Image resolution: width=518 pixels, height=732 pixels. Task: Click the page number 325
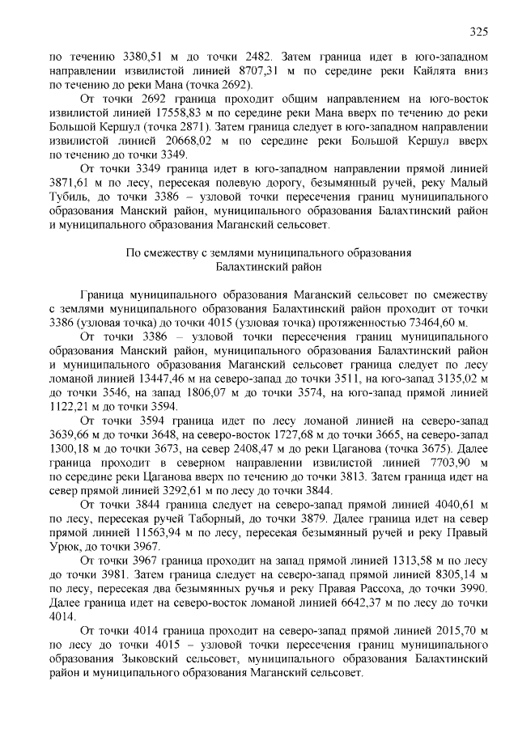pos(478,32)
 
